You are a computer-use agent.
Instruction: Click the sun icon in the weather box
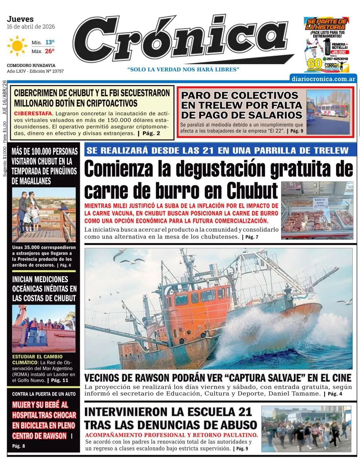coord(17,46)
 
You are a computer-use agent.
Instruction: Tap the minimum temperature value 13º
coord(50,42)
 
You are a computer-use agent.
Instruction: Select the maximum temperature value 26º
coord(50,51)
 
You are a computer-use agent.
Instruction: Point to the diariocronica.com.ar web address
coord(323,78)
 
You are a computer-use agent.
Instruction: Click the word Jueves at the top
coord(20,19)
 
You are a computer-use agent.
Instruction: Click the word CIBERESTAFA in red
coord(32,113)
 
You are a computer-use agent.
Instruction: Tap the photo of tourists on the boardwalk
coord(44,215)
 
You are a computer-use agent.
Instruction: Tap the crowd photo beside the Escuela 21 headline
coord(306,428)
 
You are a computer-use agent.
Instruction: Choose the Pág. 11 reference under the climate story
coord(59,380)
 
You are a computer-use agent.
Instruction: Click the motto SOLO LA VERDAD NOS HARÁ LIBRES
coord(183,69)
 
